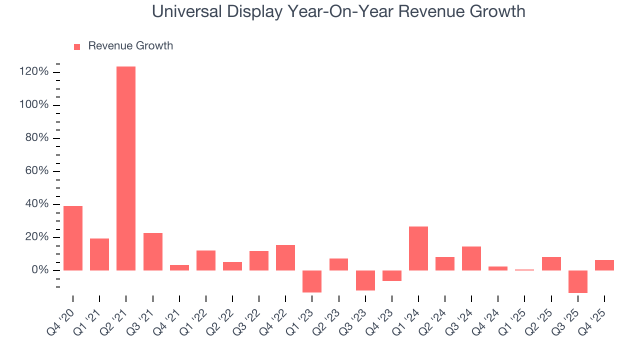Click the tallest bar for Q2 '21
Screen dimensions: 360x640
coord(126,168)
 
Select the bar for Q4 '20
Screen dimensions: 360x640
coord(73,238)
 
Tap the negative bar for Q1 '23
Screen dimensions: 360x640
coord(312,281)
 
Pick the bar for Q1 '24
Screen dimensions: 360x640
coord(418,248)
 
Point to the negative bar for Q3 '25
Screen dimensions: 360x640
coord(578,281)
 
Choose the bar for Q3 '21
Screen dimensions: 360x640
coord(153,251)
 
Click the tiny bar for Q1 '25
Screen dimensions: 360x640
coord(525,270)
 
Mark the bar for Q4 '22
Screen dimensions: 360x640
coord(285,257)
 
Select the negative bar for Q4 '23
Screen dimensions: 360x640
coord(392,275)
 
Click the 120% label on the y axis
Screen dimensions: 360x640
coord(34,72)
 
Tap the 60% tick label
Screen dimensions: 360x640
coord(37,171)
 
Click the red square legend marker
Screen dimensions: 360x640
coord(77,46)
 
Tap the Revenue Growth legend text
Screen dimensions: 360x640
coord(130,46)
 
